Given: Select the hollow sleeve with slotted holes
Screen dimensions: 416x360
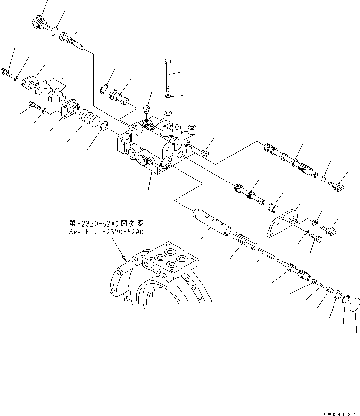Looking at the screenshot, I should coord(211,221).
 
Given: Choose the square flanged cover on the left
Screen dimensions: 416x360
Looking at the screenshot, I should coord(68,109).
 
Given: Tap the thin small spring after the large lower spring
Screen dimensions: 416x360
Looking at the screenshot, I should coord(266,255).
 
